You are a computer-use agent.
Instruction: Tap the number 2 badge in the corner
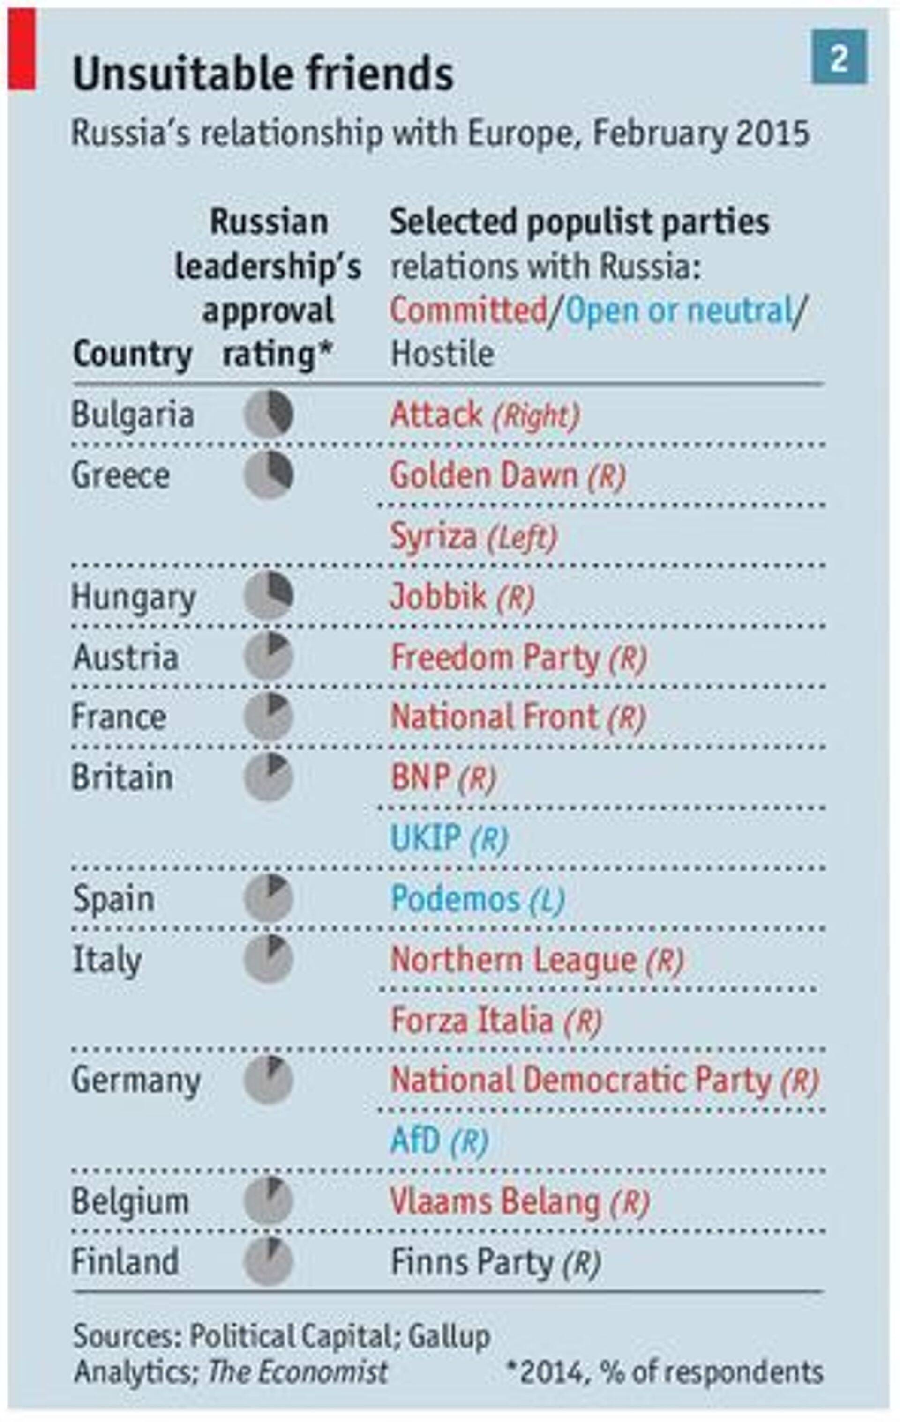click(839, 57)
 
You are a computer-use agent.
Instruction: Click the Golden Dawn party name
click(483, 475)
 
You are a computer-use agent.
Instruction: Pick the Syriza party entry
click(433, 537)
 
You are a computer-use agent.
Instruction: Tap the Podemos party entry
click(455, 899)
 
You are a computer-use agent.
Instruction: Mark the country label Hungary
click(134, 598)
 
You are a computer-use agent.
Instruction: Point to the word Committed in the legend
click(468, 311)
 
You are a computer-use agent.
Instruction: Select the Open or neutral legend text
click(678, 311)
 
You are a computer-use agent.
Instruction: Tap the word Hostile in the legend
click(442, 354)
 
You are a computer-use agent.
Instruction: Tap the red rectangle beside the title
click(22, 50)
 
